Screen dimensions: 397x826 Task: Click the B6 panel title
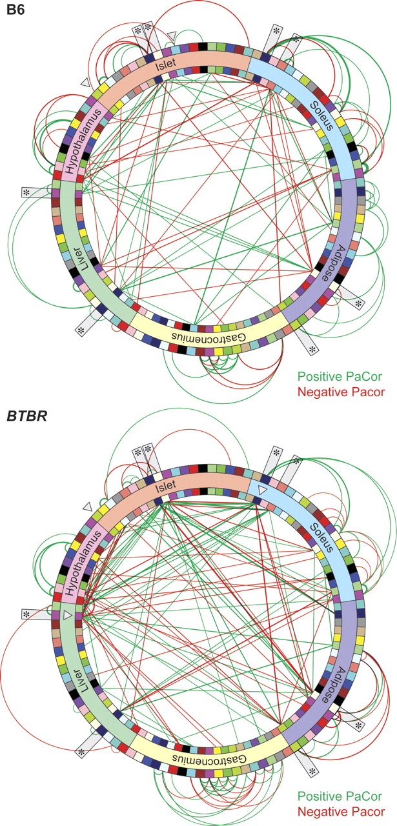click(15, 9)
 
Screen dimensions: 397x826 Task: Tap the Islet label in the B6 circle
click(166, 66)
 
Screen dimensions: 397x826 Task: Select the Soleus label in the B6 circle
click(321, 116)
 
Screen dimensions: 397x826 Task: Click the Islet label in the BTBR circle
click(166, 485)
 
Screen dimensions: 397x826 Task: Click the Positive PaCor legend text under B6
click(340, 376)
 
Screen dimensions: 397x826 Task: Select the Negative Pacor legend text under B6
click(341, 392)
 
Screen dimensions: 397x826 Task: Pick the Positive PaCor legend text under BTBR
click(340, 796)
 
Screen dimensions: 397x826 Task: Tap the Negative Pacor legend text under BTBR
click(341, 811)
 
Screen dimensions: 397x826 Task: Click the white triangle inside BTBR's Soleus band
click(262, 490)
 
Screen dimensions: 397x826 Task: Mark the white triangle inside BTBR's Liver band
click(67, 615)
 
